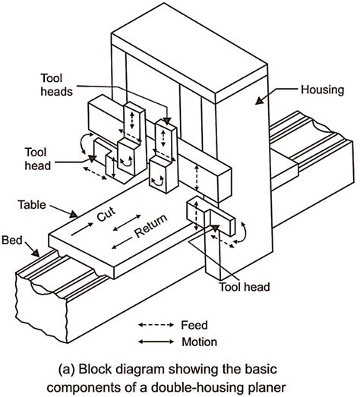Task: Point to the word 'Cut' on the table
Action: (106, 216)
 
